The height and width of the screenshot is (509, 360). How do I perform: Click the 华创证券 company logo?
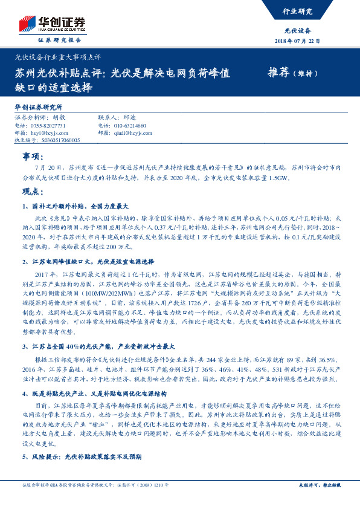coord(51,25)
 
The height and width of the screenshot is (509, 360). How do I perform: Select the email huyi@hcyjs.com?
coord(51,132)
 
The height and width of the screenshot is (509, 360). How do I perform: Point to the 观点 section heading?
coord(31,192)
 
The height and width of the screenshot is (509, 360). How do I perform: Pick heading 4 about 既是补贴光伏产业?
coord(96,394)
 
